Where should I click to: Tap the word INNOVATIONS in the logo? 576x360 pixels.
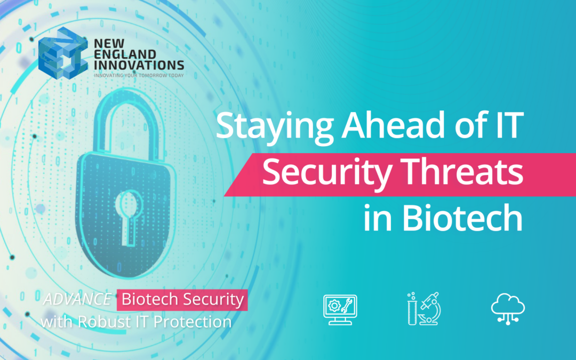[x=139, y=66]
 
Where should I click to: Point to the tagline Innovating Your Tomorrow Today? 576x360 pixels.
[x=139, y=76]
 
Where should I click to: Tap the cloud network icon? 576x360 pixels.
[x=507, y=308]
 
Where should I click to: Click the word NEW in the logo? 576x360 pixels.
[x=104, y=44]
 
